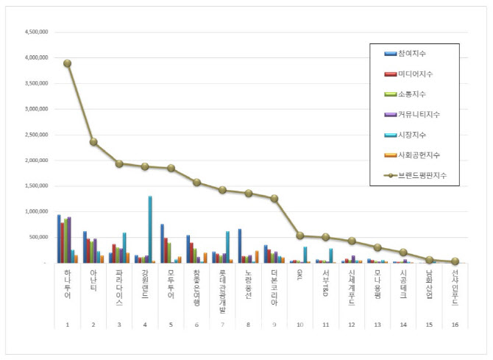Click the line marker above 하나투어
tap(67, 63)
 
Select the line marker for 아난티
tap(93, 141)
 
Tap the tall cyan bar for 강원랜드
tap(150, 229)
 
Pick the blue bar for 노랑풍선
tap(240, 246)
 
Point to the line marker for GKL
tap(300, 236)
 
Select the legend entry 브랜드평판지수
tap(422, 174)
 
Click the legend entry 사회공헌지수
tap(420, 155)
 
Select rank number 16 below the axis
tap(455, 324)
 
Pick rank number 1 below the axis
tap(67, 324)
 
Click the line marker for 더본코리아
tap(274, 198)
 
